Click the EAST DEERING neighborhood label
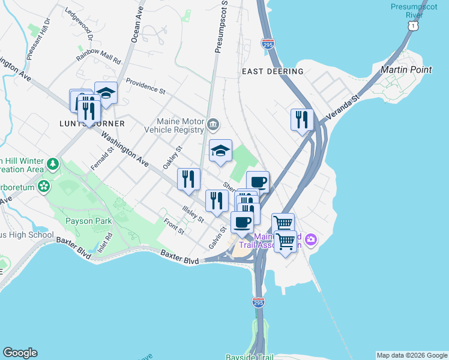pyautogui.click(x=273, y=71)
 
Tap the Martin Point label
pyautogui.click(x=406, y=70)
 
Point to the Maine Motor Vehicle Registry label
pyautogui.click(x=180, y=126)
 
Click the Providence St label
pyautogui.click(x=145, y=86)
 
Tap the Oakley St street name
pyautogui.click(x=172, y=157)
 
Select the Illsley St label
pyautogui.click(x=193, y=211)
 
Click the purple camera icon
pyautogui.click(x=310, y=240)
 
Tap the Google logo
pyautogui.click(x=20, y=353)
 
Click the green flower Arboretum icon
pyautogui.click(x=43, y=187)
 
